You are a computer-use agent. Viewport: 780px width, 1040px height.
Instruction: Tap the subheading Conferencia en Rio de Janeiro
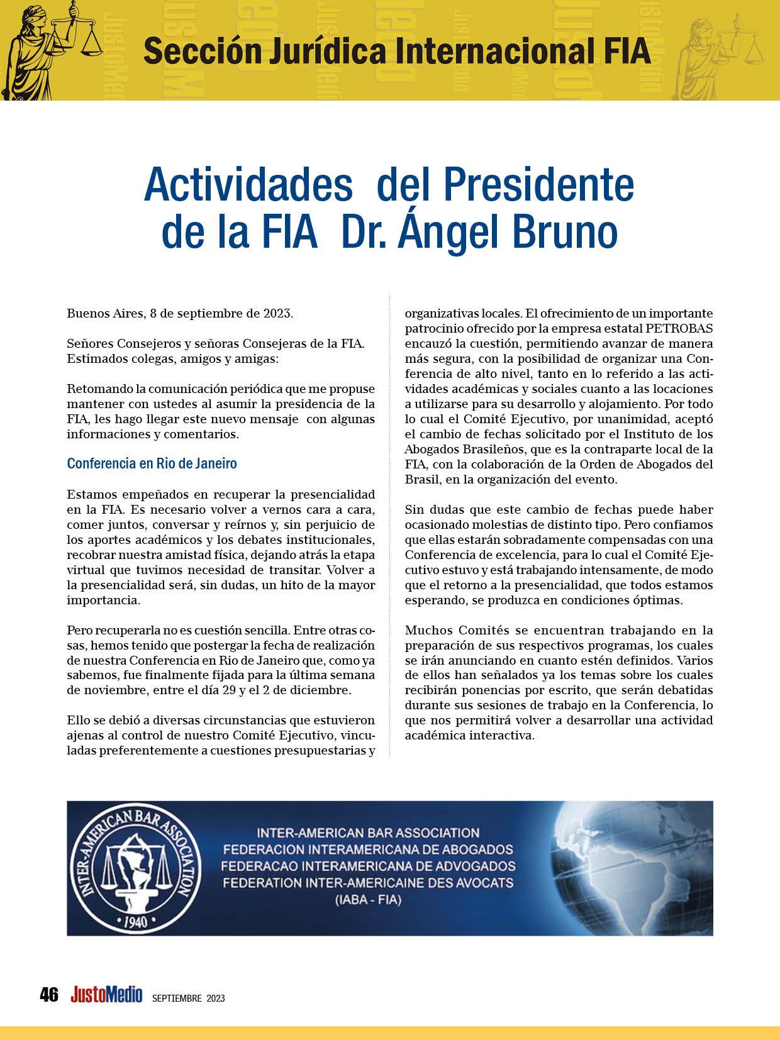[152, 463]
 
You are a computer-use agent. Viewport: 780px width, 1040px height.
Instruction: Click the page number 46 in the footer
[48, 995]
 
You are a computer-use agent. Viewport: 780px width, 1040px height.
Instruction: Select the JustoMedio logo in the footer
[106, 995]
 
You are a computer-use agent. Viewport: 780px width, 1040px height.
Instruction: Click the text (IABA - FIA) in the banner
[369, 900]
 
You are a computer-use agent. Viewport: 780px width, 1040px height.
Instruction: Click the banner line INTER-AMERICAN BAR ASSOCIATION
[369, 833]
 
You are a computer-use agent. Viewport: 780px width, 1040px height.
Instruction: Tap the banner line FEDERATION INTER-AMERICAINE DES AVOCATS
[369, 882]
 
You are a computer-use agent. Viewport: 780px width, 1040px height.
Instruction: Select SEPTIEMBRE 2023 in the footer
[188, 998]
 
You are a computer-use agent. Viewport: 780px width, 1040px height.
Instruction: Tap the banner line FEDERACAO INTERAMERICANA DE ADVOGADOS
[369, 866]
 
